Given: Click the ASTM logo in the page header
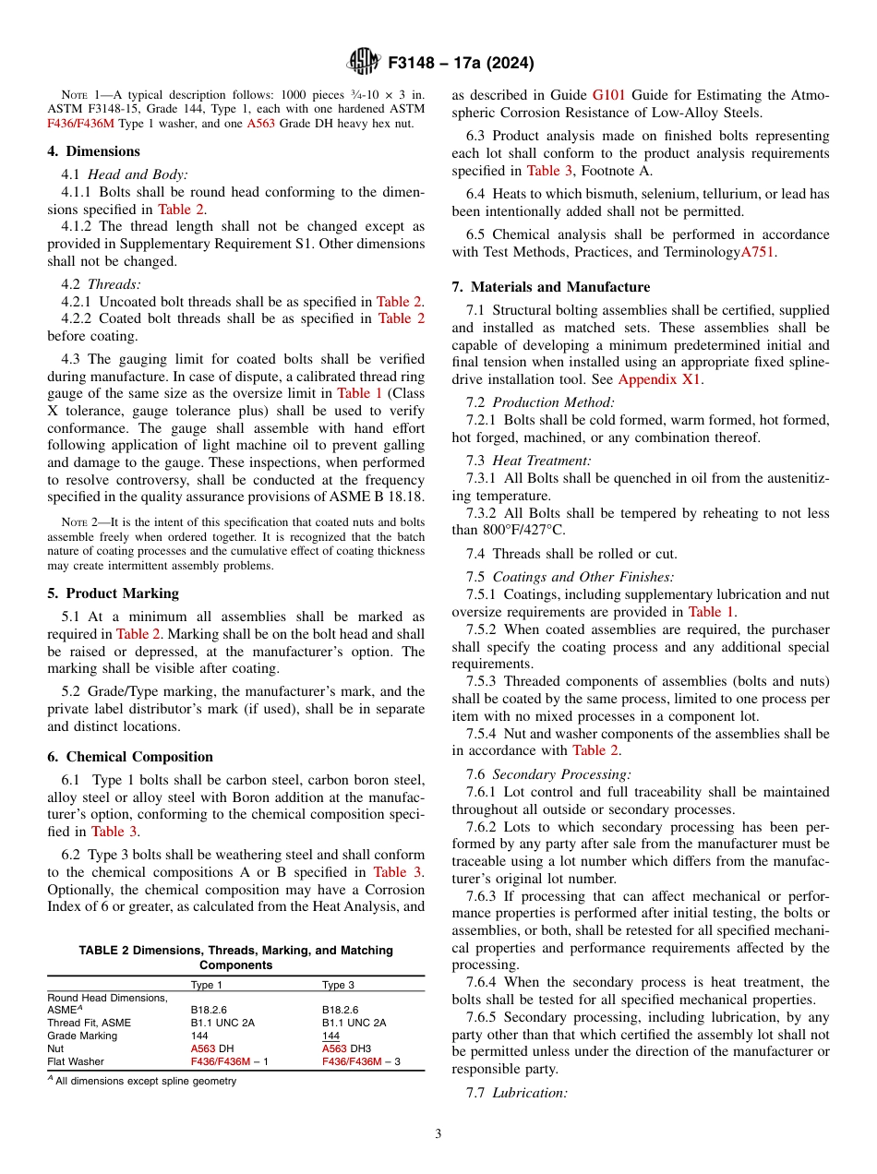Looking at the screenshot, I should [x=364, y=62].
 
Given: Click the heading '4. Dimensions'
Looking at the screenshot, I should [x=94, y=151].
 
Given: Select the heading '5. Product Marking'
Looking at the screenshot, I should [x=114, y=593].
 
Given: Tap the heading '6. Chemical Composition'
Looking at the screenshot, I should [x=130, y=757].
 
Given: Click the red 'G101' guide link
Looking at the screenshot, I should [x=607, y=95].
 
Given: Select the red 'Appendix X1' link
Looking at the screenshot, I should [x=659, y=379].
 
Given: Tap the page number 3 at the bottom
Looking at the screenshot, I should [x=438, y=1133].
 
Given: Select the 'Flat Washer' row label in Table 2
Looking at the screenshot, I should [x=76, y=1061].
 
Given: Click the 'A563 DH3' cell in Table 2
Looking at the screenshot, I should [x=346, y=1048].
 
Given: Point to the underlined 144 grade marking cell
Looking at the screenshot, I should [x=330, y=1036].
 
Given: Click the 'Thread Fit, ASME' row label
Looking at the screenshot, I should [x=90, y=1023].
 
